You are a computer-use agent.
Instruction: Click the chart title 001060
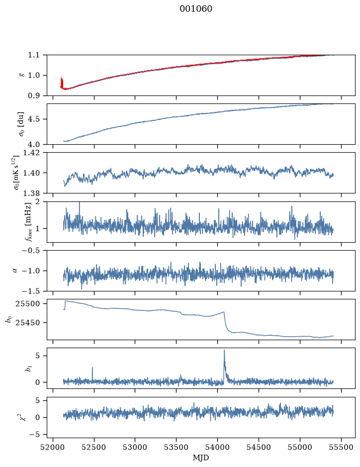pos(196,9)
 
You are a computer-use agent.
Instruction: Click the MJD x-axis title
pos(201,458)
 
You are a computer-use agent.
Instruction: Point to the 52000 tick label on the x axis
pos(53,447)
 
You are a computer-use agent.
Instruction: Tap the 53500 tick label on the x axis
pos(177,447)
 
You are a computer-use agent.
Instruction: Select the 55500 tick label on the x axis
pos(341,447)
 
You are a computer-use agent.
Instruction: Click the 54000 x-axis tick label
pos(217,447)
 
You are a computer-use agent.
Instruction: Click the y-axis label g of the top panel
pos(21,76)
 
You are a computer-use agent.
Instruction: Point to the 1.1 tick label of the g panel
pos(34,55)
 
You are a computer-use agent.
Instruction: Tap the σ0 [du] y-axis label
pos(21,124)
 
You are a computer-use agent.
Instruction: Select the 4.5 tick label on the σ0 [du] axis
pos(34,119)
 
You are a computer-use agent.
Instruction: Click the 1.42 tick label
pos(31,153)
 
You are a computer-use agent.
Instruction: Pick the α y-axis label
pos(15,271)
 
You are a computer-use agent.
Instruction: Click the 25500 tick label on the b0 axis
pos(27,304)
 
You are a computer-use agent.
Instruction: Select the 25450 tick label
pos(27,323)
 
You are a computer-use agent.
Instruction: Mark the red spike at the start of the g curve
pos(62,83)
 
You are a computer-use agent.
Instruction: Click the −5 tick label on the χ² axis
pos(34,435)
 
